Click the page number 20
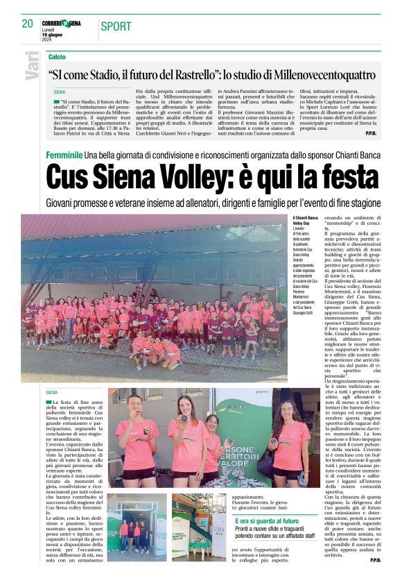27,24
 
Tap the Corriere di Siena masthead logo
61,24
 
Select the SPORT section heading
115,26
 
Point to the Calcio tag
57,56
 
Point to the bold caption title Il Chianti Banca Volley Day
304,221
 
